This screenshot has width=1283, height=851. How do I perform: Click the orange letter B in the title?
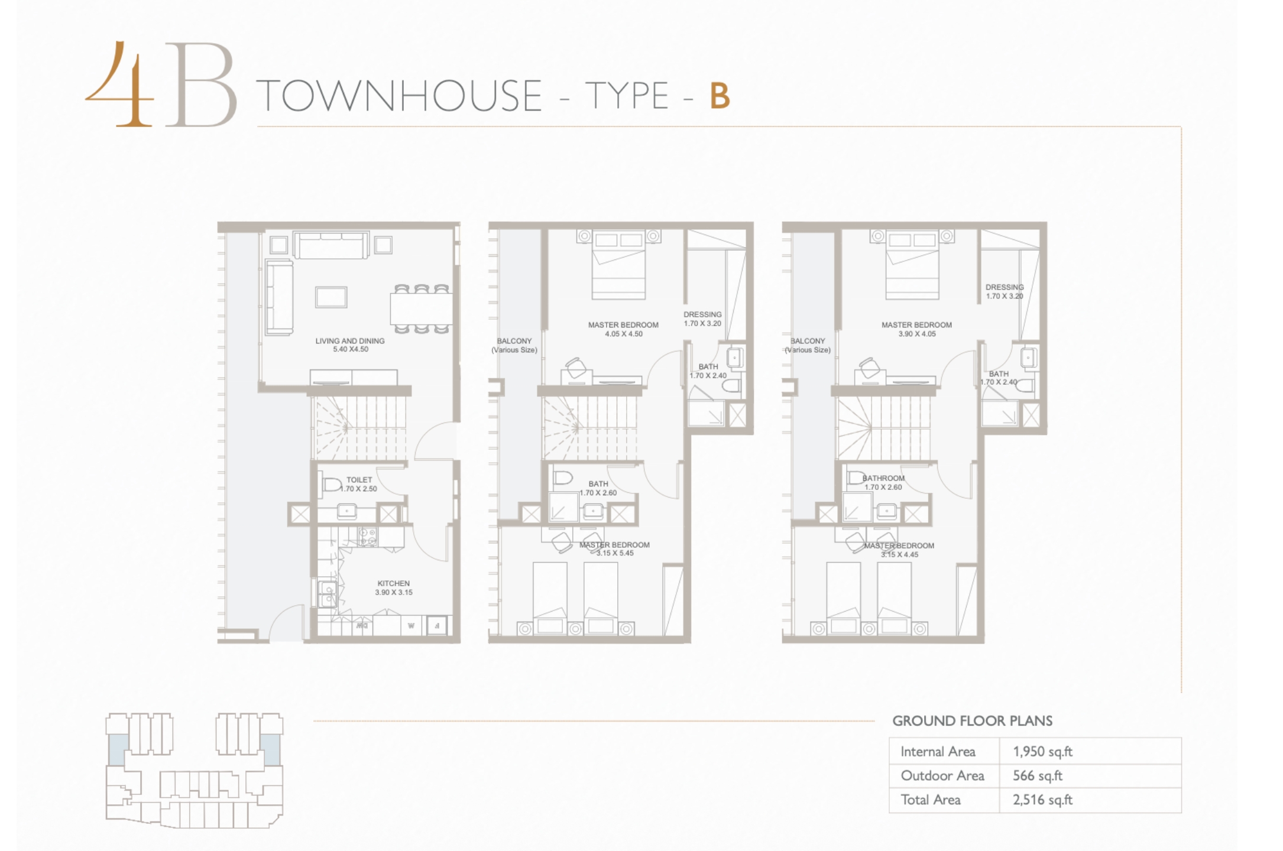[x=720, y=96]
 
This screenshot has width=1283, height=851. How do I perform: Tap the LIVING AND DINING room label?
[x=350, y=341]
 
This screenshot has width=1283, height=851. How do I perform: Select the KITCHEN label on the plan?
[x=394, y=583]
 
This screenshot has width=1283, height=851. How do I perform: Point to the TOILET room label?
[x=359, y=480]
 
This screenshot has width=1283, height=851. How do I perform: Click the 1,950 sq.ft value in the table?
[x=1042, y=752]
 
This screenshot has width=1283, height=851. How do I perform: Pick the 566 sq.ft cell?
[x=1038, y=776]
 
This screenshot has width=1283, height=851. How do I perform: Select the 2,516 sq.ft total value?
[x=1042, y=800]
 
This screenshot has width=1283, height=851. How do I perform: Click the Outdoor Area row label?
[x=942, y=776]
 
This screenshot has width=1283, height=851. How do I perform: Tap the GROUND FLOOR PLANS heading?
[x=973, y=721]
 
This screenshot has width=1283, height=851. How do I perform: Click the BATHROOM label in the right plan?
[x=883, y=478]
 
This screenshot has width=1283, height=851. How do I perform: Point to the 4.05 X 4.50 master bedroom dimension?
[x=624, y=334]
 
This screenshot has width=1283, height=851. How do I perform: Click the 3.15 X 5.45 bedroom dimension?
[x=615, y=553]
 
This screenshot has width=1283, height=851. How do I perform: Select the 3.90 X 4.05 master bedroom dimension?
[x=917, y=334]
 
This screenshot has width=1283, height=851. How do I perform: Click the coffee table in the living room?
[x=331, y=297]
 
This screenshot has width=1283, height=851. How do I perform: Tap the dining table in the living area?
[x=421, y=308]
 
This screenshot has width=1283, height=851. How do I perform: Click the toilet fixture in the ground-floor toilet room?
[x=332, y=485]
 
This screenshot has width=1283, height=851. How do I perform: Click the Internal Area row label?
[x=938, y=752]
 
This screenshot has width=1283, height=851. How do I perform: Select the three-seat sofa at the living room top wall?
[x=331, y=245]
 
